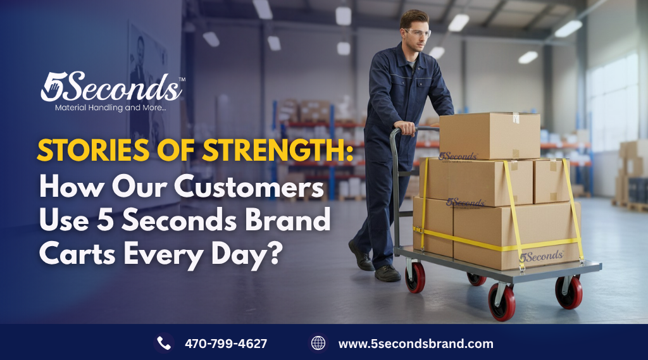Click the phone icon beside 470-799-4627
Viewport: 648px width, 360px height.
click(164, 344)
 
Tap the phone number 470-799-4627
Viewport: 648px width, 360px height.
click(225, 344)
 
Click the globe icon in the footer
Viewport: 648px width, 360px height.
click(318, 344)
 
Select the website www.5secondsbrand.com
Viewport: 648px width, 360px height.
click(415, 344)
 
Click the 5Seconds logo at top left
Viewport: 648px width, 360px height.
click(111, 87)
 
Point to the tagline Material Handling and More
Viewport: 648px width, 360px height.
click(111, 109)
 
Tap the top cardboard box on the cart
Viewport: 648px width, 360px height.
click(489, 135)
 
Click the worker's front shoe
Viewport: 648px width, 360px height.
click(387, 273)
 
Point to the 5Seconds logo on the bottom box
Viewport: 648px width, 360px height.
click(541, 256)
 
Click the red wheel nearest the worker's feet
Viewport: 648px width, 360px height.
click(416, 276)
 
